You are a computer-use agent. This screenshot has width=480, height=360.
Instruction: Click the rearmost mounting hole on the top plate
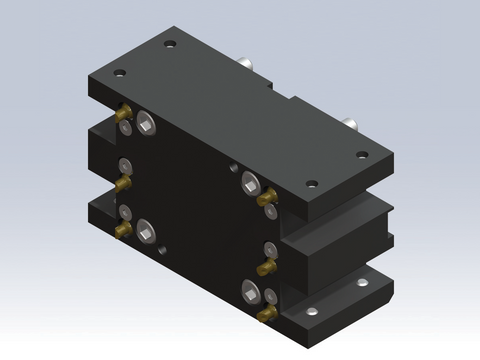(x=171, y=45)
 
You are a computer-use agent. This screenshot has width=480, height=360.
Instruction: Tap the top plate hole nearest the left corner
(x=121, y=72)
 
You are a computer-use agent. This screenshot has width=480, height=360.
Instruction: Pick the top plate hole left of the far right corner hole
(x=311, y=184)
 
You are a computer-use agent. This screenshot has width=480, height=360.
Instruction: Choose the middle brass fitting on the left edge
(x=122, y=183)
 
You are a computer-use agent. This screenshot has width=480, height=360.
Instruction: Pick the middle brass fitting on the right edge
(x=267, y=267)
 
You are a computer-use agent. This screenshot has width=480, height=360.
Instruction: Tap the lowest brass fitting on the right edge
(x=266, y=315)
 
